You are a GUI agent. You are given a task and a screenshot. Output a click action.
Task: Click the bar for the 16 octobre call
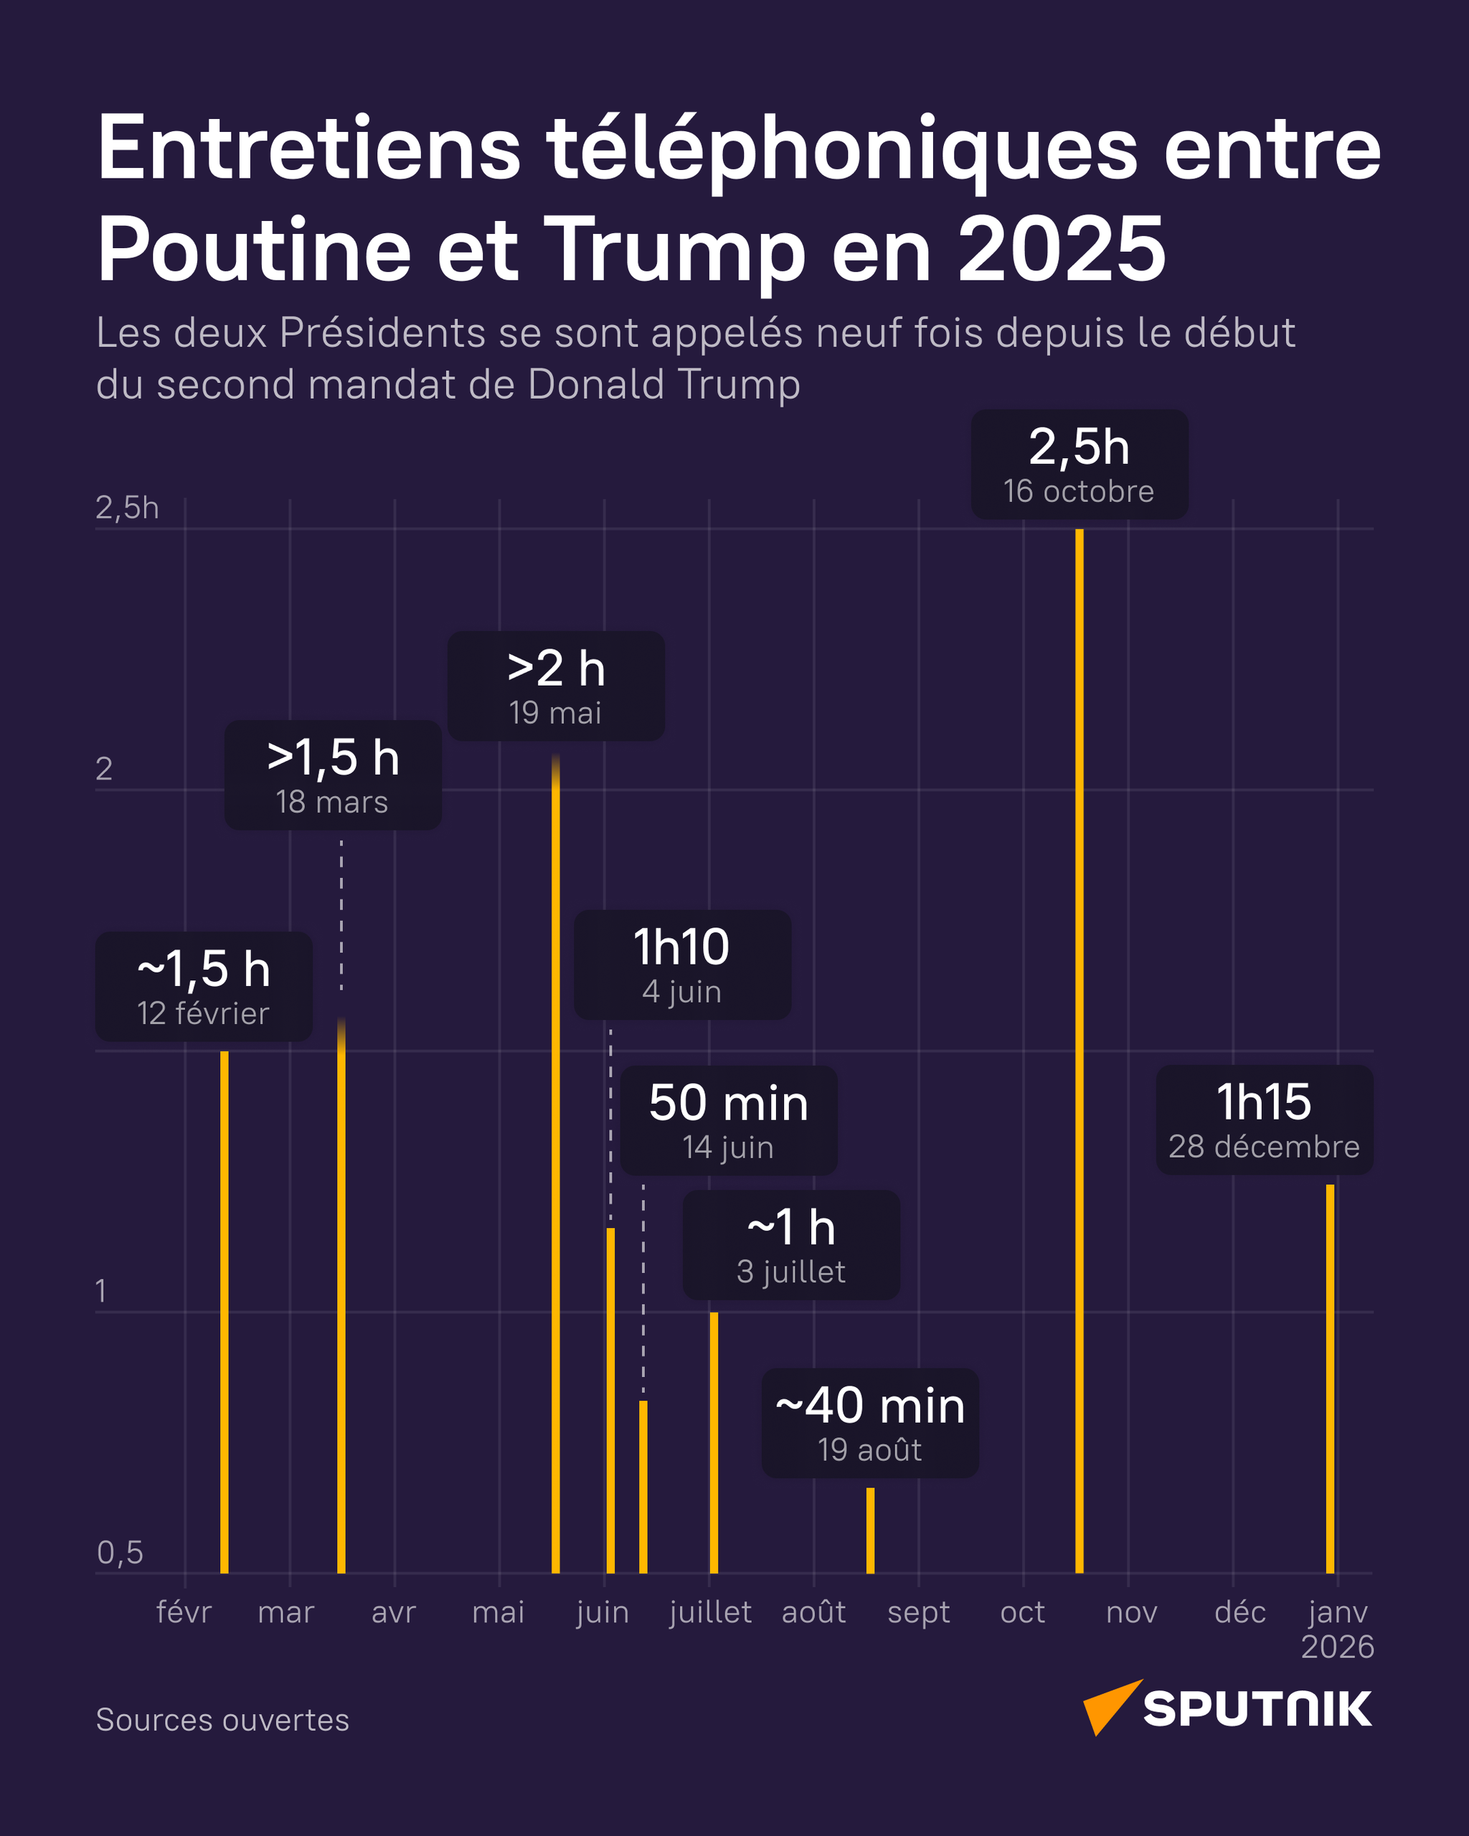pyautogui.click(x=1079, y=1047)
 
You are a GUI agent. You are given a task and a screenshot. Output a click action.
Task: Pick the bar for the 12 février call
pyautogui.click(x=224, y=1312)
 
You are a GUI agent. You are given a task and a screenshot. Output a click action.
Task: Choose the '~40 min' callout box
pyautogui.click(x=869, y=1423)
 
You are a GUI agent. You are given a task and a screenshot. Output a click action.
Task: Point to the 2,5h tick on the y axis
pyautogui.click(x=127, y=508)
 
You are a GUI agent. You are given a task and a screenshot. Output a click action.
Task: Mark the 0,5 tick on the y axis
pyautogui.click(x=120, y=1553)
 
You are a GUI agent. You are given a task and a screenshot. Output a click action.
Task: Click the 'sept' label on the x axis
pyautogui.click(x=918, y=1612)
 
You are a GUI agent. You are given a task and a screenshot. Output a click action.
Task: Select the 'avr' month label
pyautogui.click(x=394, y=1612)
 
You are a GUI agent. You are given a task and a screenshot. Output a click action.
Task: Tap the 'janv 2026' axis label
pyautogui.click(x=1337, y=1628)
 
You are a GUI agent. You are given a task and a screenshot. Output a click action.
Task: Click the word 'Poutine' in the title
pyautogui.click(x=254, y=250)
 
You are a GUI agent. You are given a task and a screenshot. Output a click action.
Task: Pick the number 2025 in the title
pyautogui.click(x=1061, y=250)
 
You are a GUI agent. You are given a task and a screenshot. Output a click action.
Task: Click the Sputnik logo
pyautogui.click(x=1227, y=1708)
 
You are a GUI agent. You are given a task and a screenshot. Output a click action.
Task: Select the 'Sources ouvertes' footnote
pyautogui.click(x=222, y=1719)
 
